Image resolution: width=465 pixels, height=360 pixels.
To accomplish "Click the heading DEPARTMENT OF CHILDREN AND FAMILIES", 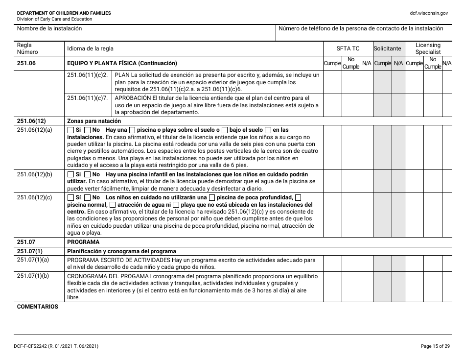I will pyautogui.click(x=64, y=13).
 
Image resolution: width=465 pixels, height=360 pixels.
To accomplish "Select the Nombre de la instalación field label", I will pyautogui.click(x=49, y=28).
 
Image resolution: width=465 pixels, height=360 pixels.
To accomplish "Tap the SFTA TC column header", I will pyautogui.click(x=348, y=48).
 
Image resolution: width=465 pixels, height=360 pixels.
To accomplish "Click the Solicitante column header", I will pyautogui.click(x=388, y=48).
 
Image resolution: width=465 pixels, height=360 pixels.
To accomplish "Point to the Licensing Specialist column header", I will pyautogui.click(x=428, y=48).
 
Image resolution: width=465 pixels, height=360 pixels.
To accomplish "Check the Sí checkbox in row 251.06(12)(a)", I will pyautogui.click(x=71, y=130).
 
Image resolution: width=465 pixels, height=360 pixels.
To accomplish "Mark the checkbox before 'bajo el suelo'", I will pyautogui.click(x=224, y=130).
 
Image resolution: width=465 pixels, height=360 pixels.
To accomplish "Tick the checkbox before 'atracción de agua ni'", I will pyautogui.click(x=113, y=205).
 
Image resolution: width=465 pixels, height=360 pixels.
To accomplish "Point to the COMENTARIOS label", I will pyautogui.click(x=37, y=307).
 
